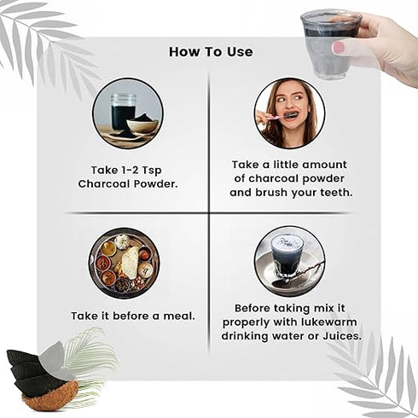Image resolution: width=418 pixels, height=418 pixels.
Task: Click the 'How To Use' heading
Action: coord(211,52)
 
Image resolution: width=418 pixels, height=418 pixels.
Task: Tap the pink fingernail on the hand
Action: coord(339,46)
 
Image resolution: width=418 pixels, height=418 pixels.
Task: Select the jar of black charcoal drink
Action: coord(123,112)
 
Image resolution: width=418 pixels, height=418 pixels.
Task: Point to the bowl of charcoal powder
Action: coord(142,125)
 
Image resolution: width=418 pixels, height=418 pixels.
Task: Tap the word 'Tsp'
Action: coord(152,171)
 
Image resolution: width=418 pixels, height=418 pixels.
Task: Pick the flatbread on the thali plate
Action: coord(131,263)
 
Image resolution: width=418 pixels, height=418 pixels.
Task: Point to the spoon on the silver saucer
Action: coord(296,274)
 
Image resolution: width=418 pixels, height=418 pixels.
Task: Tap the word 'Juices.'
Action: coord(342,336)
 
